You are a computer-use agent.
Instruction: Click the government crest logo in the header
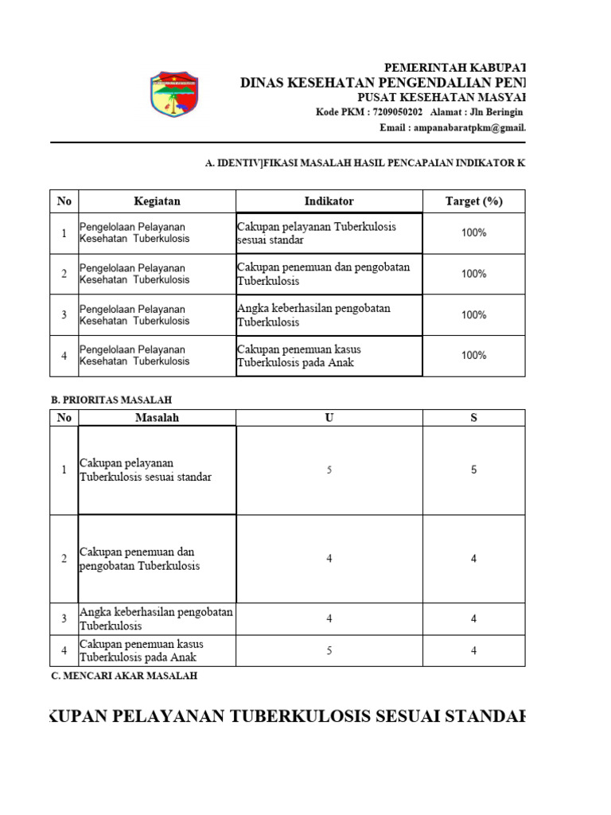coord(175,94)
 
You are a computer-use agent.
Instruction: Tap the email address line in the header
coord(465,127)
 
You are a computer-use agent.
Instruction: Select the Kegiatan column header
coord(157,201)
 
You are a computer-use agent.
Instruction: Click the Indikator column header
coord(329,201)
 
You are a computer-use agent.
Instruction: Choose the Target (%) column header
coord(473,201)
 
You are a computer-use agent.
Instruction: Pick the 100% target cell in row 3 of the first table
coord(473,315)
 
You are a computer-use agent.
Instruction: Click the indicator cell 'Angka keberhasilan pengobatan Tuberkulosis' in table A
coord(329,315)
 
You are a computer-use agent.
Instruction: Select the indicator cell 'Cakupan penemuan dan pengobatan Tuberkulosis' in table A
coord(329,274)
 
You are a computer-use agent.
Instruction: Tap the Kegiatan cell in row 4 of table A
coord(157,356)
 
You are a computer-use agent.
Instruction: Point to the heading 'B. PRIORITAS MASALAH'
coord(111,400)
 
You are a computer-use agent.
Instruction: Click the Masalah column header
coord(157,418)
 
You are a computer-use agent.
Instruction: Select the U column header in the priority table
coord(329,418)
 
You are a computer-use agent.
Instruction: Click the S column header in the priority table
coord(473,418)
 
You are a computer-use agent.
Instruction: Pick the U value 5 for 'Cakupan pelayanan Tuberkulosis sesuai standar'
coord(329,470)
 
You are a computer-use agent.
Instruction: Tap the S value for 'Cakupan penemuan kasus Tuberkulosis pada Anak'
coord(473,650)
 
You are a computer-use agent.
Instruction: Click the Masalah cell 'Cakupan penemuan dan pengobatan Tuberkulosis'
coord(157,559)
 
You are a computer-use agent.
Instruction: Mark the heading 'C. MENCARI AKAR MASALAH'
coord(123,676)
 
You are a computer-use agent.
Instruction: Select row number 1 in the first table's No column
coord(64,233)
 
